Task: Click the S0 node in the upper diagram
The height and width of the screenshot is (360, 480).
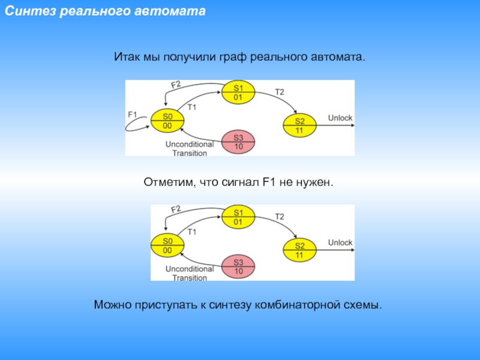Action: pos(167,121)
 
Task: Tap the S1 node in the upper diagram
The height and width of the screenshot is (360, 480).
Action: pos(238,92)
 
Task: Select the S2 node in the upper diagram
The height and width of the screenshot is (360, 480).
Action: pos(299,125)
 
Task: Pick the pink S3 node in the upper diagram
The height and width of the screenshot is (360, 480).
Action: pos(238,141)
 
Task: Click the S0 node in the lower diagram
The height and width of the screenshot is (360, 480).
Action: pos(167,245)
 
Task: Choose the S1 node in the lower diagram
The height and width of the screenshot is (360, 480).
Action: pos(238,217)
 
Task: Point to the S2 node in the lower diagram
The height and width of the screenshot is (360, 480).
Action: pos(299,250)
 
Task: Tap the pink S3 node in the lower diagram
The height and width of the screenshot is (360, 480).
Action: pos(238,266)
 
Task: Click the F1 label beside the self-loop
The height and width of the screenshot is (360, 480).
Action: pos(133,114)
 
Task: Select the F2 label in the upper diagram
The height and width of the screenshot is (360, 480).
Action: pos(176,85)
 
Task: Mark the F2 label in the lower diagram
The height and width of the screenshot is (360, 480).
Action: pos(176,210)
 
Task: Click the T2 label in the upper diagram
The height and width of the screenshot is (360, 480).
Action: pos(279,92)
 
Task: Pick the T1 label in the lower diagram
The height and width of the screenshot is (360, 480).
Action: pos(192,231)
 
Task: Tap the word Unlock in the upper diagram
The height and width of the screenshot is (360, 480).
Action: pos(340,118)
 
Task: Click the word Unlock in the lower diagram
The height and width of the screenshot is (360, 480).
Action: pos(340,242)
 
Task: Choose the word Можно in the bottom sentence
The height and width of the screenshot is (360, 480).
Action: pos(111,305)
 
